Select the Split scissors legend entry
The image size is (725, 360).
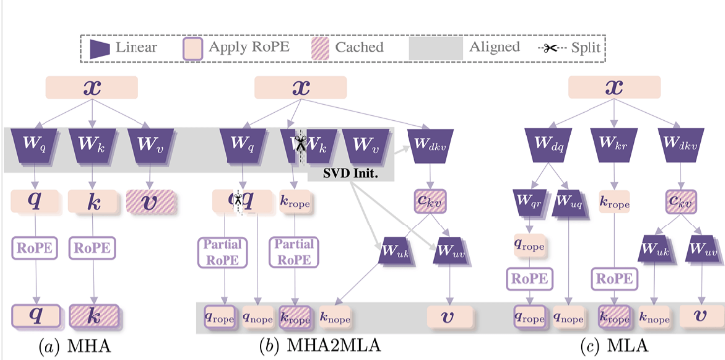[x=569, y=46]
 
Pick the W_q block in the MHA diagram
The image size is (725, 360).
[x=33, y=146]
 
